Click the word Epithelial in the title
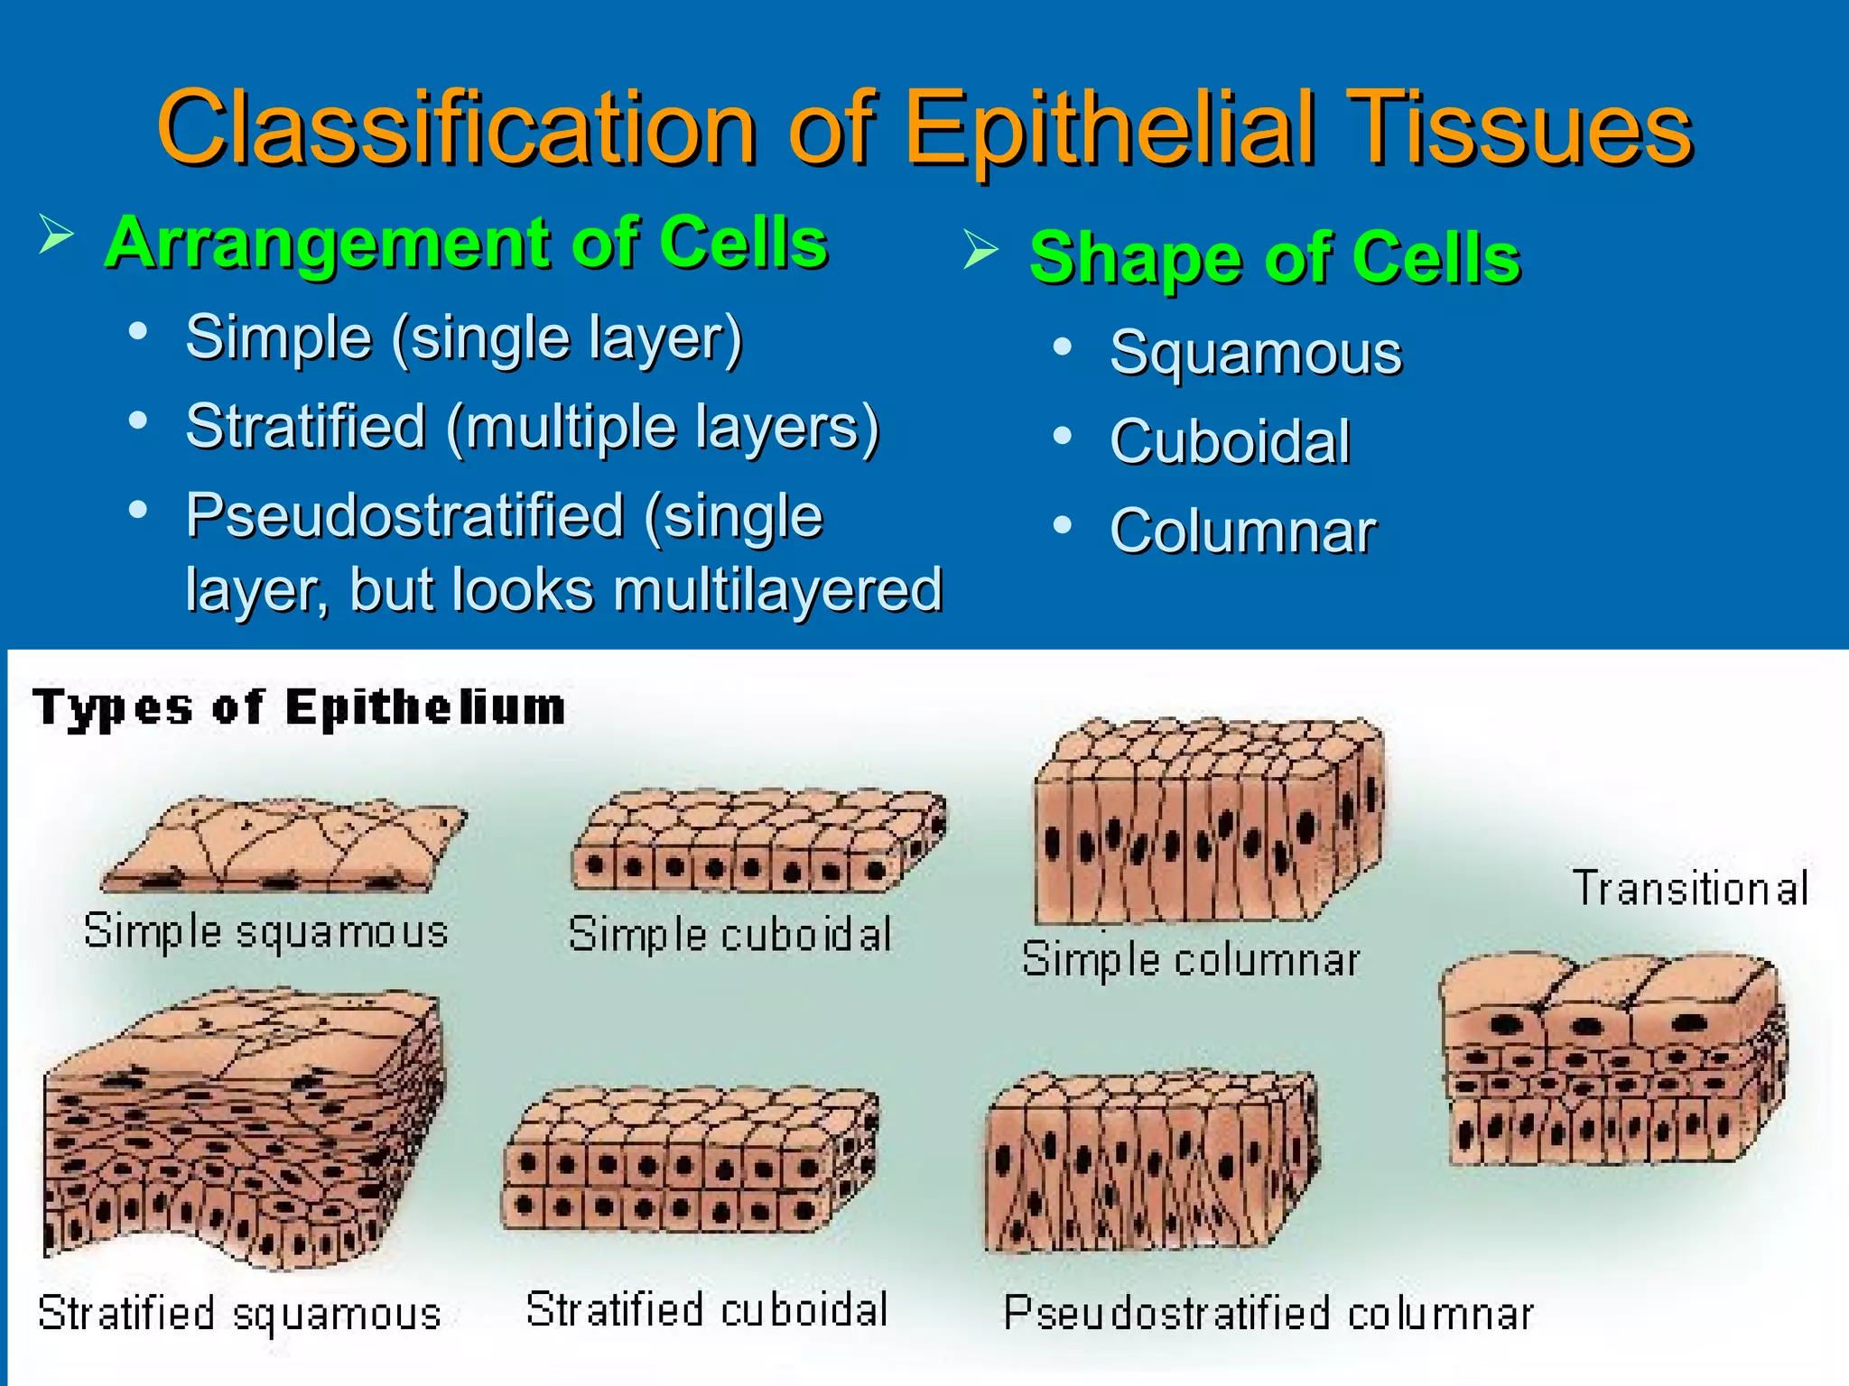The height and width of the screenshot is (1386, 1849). (x=1110, y=129)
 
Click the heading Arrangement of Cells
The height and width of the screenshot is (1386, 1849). (x=466, y=244)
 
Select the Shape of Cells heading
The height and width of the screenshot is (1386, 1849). (x=1275, y=258)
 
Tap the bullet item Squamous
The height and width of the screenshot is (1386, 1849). (x=1256, y=352)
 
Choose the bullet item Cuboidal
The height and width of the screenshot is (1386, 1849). (x=1230, y=441)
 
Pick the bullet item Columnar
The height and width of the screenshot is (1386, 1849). (x=1243, y=531)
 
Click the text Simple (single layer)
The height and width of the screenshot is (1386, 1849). (x=464, y=338)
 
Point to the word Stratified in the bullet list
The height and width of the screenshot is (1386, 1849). (x=305, y=426)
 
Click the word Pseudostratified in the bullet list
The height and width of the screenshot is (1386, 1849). (x=404, y=515)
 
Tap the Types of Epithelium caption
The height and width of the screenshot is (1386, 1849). (x=299, y=707)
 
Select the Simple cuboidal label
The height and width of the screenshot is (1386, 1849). (x=729, y=934)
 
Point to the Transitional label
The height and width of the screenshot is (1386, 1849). (x=1690, y=888)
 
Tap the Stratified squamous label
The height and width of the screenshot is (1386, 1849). (x=239, y=1314)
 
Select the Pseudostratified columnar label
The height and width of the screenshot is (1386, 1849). (x=1268, y=1314)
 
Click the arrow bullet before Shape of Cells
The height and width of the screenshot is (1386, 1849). (x=980, y=250)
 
